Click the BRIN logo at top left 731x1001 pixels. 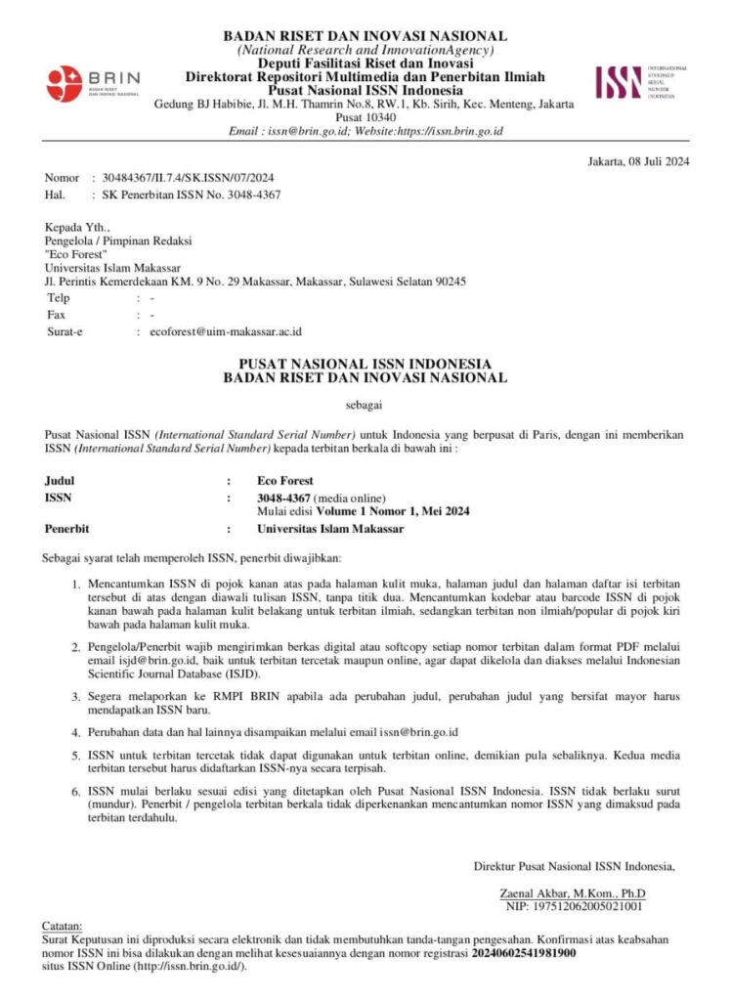(93, 82)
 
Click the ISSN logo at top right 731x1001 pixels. (641, 82)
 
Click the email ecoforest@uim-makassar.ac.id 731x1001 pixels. (227, 332)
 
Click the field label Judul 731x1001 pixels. (60, 481)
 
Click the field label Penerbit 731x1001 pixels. (67, 529)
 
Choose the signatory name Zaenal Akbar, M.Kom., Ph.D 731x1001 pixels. (572, 892)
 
